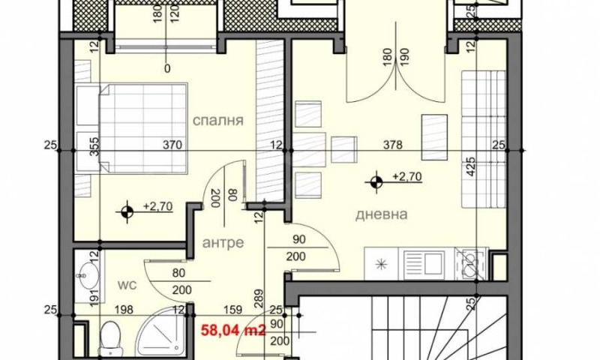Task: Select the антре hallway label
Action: [x=223, y=243]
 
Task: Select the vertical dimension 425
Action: [x=471, y=165]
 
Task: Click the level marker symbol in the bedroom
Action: [x=128, y=211]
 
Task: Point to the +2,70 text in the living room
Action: [x=408, y=178]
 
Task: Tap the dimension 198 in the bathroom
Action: [x=124, y=307]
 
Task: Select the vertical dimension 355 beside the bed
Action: [x=94, y=145]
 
